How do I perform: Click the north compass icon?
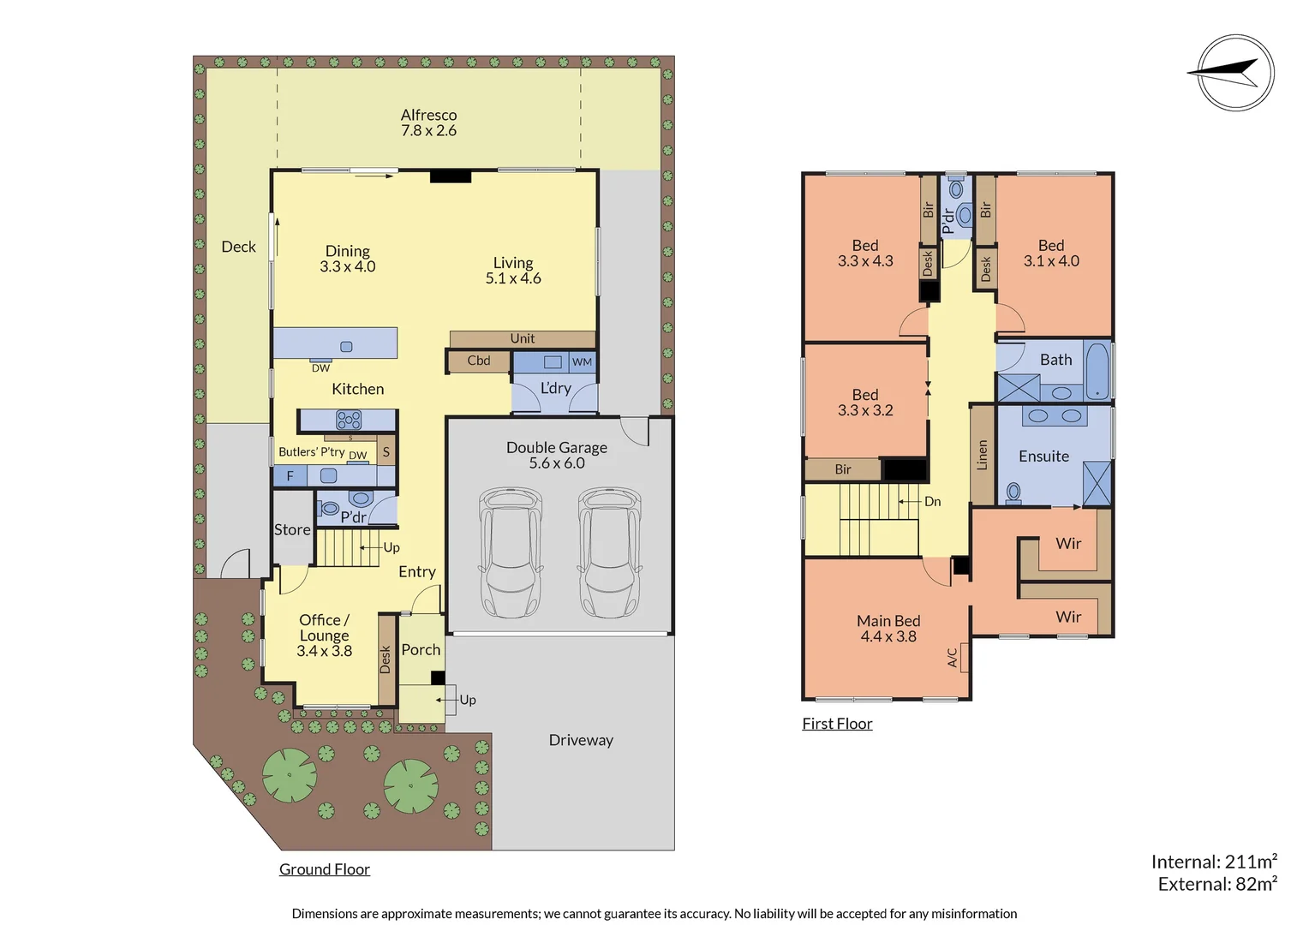point(1234,73)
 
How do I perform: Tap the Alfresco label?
point(428,122)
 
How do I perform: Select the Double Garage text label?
point(557,455)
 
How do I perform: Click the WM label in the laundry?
point(582,362)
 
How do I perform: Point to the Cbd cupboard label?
point(479,361)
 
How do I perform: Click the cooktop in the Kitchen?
point(349,420)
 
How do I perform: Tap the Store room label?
point(292,530)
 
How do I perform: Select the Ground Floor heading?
point(325,869)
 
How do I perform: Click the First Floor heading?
point(837,724)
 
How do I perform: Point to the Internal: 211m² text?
point(1213,862)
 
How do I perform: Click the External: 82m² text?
point(1216,884)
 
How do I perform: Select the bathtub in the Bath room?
point(1097,370)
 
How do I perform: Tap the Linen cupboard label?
point(983,456)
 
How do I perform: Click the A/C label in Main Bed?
point(953,657)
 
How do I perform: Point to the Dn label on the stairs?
point(933,502)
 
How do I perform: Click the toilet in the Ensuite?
point(1013,492)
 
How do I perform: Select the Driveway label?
point(581,740)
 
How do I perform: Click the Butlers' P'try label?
point(311,451)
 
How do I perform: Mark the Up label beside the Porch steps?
point(468,700)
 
